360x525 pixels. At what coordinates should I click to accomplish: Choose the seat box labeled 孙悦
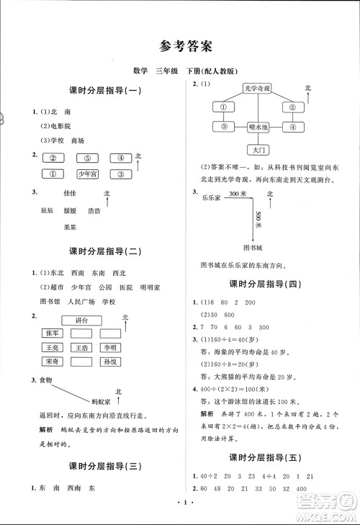click(x=109, y=361)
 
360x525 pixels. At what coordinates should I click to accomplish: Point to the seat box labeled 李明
click(x=109, y=347)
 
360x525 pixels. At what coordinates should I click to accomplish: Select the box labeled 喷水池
click(x=258, y=127)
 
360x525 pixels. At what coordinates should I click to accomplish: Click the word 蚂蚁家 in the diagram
click(x=98, y=397)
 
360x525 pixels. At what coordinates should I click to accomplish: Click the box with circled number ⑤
click(x=86, y=159)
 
